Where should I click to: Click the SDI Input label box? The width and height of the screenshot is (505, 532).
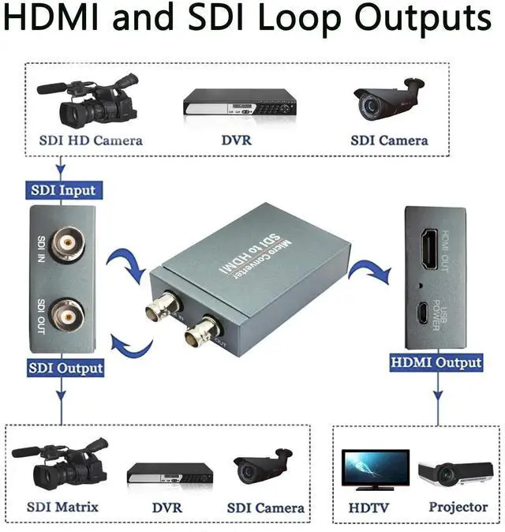coord(62,190)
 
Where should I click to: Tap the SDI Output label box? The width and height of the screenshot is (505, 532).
coord(65,367)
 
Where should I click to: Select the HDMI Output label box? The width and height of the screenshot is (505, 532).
coord(436,363)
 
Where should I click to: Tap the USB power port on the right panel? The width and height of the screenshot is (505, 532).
coord(424,313)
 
